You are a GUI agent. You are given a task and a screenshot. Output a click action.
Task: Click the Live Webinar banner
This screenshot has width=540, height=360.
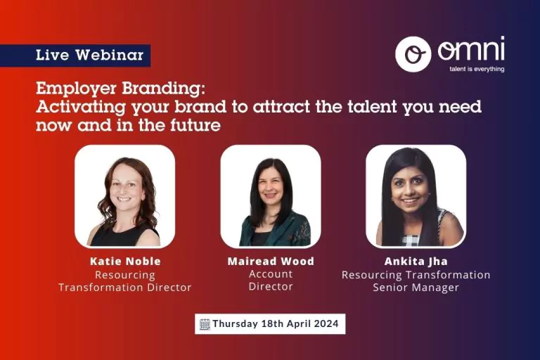75,55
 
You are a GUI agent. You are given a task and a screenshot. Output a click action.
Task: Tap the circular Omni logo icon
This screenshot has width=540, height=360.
413,54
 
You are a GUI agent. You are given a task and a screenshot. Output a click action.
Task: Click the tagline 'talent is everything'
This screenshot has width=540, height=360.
477,69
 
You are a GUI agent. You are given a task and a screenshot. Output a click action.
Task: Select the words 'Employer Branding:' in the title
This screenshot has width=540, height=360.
120,89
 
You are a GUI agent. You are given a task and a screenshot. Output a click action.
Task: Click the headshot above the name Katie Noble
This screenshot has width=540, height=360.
125,196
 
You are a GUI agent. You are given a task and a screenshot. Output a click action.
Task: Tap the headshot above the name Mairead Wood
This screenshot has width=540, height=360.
271,196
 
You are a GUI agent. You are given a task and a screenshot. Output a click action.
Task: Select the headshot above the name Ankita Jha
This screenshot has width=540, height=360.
416,196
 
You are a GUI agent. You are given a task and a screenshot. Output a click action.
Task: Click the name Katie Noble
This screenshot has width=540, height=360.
125,261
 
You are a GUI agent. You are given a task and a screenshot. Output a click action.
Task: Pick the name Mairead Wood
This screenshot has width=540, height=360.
271,261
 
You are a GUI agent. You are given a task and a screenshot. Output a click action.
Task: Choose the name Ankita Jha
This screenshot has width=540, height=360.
416,261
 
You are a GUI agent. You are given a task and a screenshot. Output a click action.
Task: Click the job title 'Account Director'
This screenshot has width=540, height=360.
271,280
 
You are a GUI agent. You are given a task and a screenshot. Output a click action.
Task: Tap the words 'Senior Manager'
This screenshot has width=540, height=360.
416,288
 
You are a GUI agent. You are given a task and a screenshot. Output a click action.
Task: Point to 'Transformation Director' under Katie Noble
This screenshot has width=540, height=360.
124,288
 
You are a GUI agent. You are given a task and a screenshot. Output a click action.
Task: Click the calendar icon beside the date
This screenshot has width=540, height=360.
205,324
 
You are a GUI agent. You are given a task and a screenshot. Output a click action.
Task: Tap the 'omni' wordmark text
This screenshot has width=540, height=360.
471,49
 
